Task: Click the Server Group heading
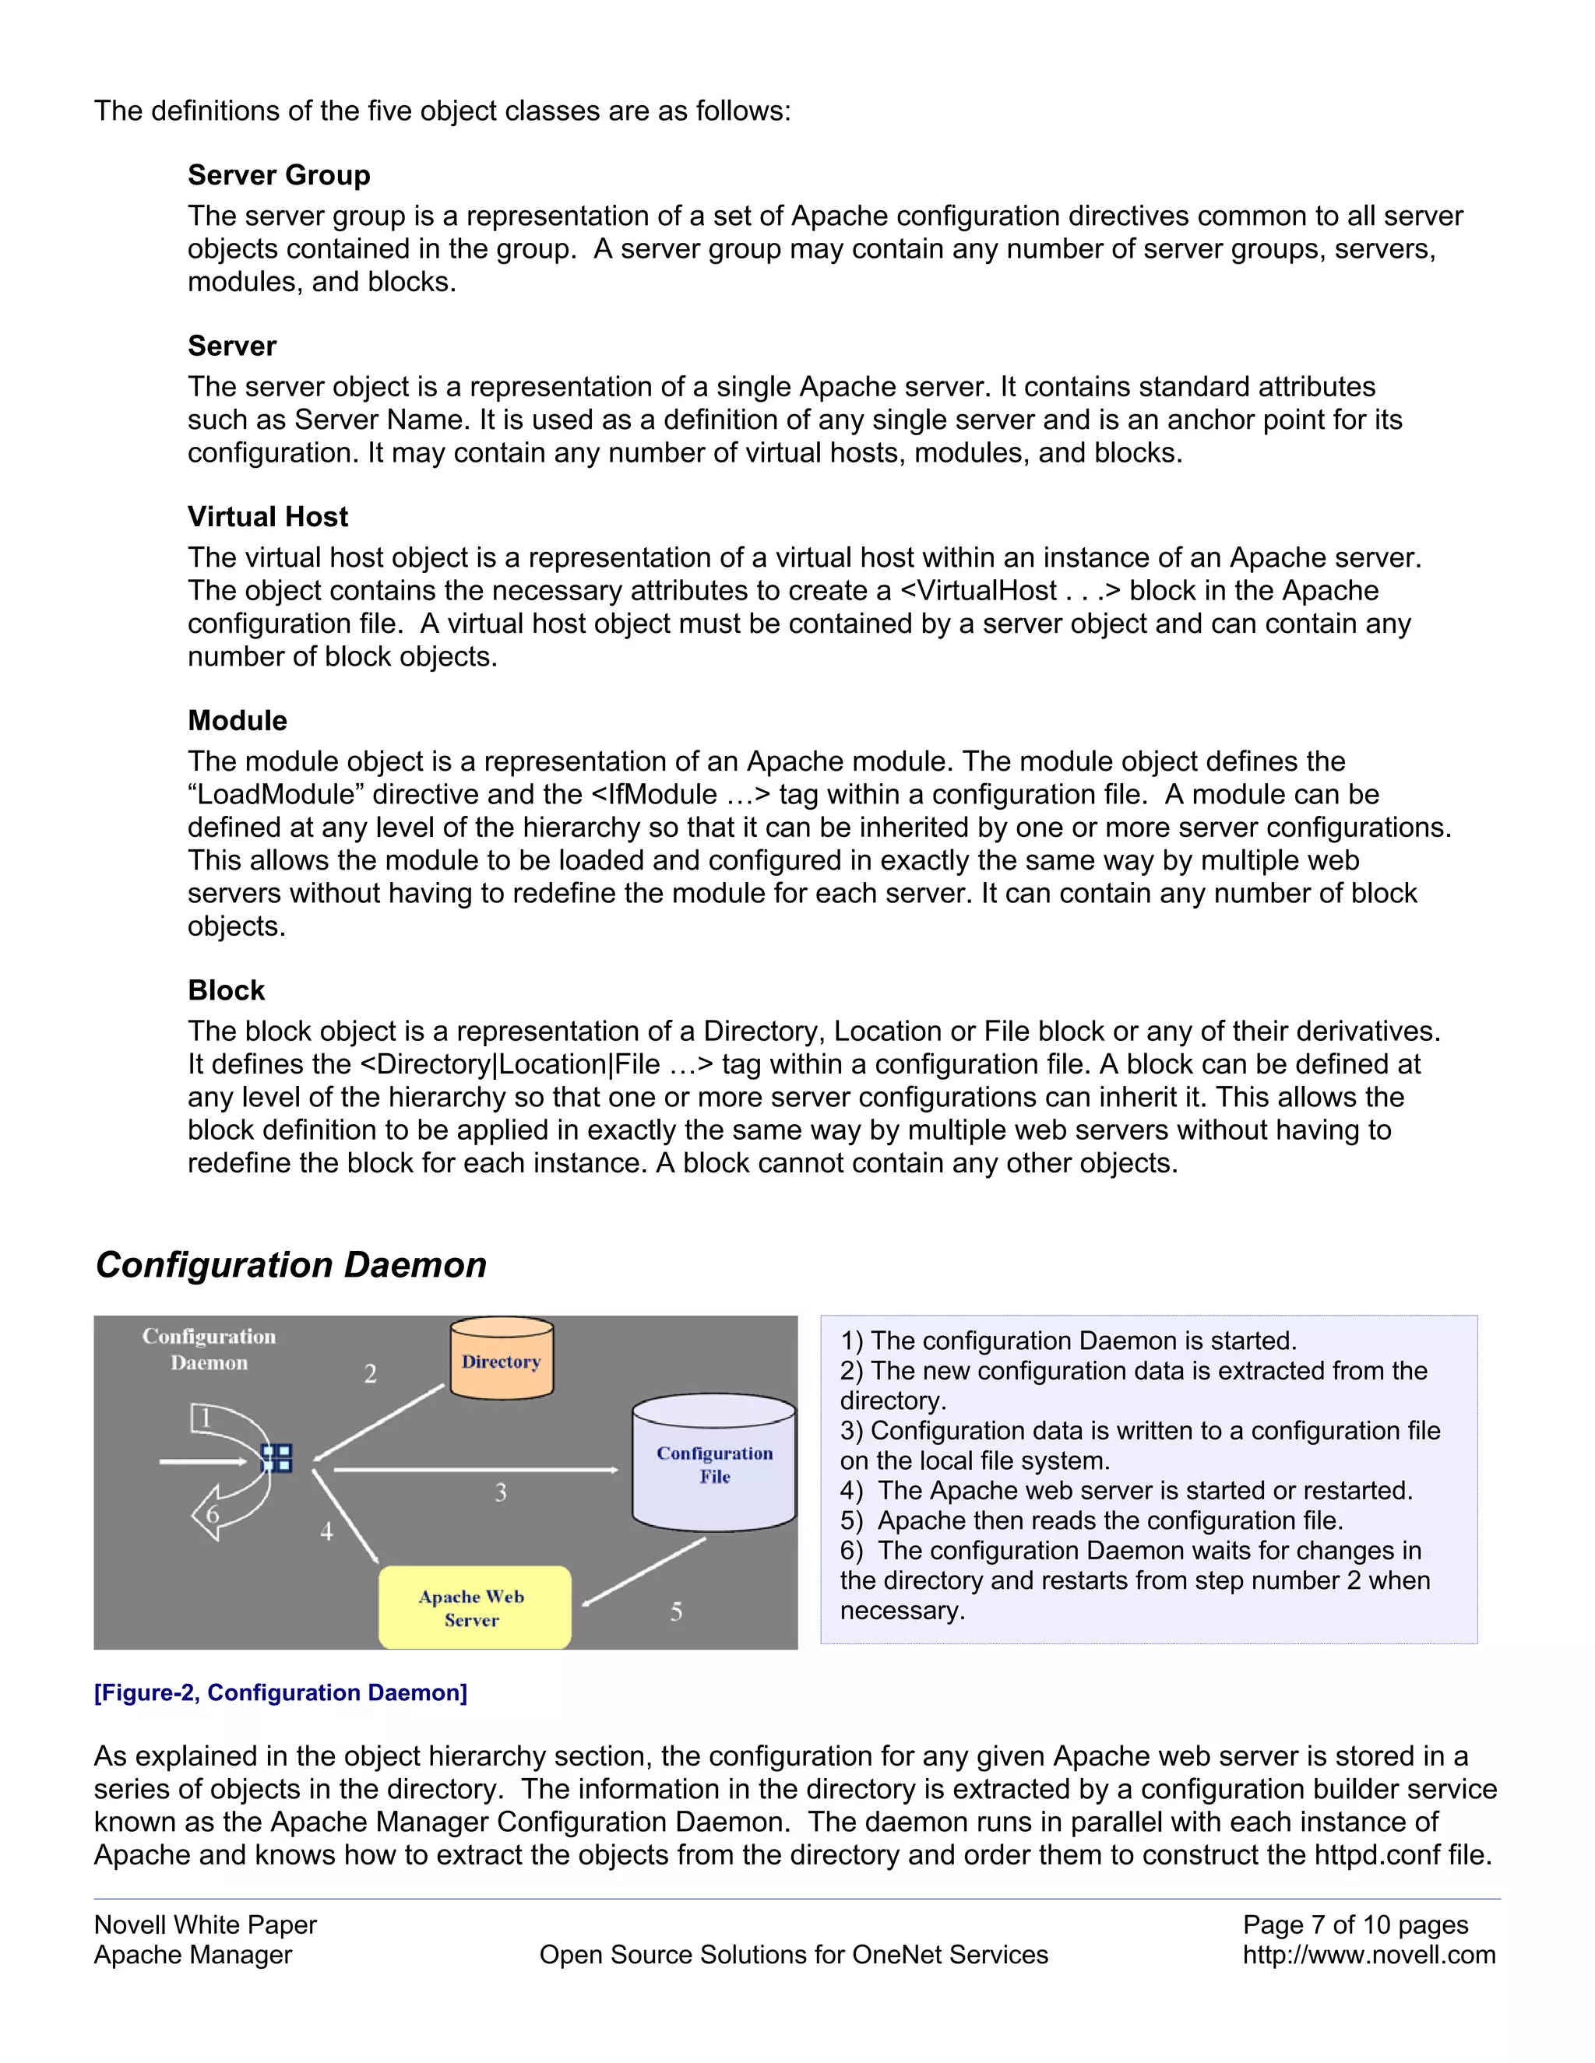pyautogui.click(x=279, y=176)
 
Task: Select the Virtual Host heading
pyautogui.click(x=267, y=517)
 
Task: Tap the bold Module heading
pyautogui.click(x=238, y=721)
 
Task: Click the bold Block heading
pyautogui.click(x=226, y=990)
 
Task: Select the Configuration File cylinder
pyautogui.click(x=714, y=1464)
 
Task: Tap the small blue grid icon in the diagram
pyautogui.click(x=276, y=1458)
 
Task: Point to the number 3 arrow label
pyautogui.click(x=501, y=1492)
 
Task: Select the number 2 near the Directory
pyautogui.click(x=371, y=1373)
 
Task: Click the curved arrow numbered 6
pyautogui.click(x=213, y=1514)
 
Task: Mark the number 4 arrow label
pyautogui.click(x=327, y=1531)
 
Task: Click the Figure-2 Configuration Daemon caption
pyautogui.click(x=280, y=1692)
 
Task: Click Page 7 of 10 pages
pyautogui.click(x=1355, y=1924)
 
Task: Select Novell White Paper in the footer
pyautogui.click(x=205, y=1924)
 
